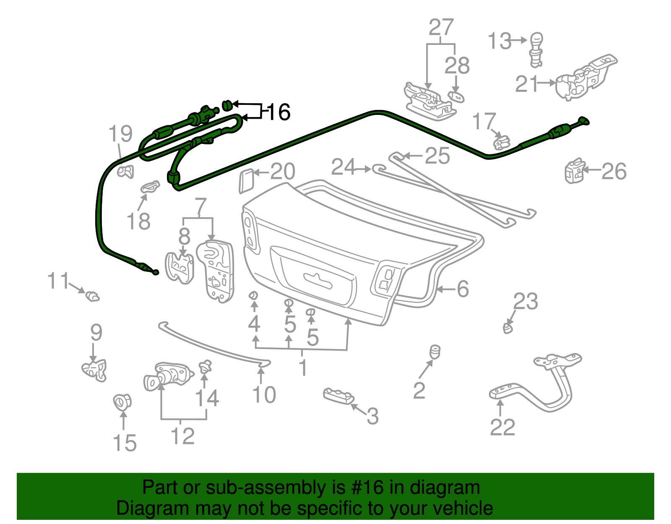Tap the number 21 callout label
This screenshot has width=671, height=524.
pyautogui.click(x=526, y=83)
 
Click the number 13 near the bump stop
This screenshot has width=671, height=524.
pyautogui.click(x=500, y=41)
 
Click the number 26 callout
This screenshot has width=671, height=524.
pyautogui.click(x=614, y=171)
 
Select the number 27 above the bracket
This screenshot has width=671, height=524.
pyautogui.click(x=441, y=28)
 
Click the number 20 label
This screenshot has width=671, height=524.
pyautogui.click(x=283, y=171)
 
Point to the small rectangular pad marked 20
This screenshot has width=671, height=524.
pyautogui.click(x=246, y=181)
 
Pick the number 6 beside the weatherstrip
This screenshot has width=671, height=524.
pyautogui.click(x=463, y=289)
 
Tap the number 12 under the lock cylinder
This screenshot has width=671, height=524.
pyautogui.click(x=183, y=436)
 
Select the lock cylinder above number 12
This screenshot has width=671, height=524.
pyautogui.click(x=167, y=375)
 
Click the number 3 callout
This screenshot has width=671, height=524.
pyautogui.click(x=372, y=417)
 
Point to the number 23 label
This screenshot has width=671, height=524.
pyautogui.click(x=525, y=301)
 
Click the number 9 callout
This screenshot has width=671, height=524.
pyautogui.click(x=96, y=333)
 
